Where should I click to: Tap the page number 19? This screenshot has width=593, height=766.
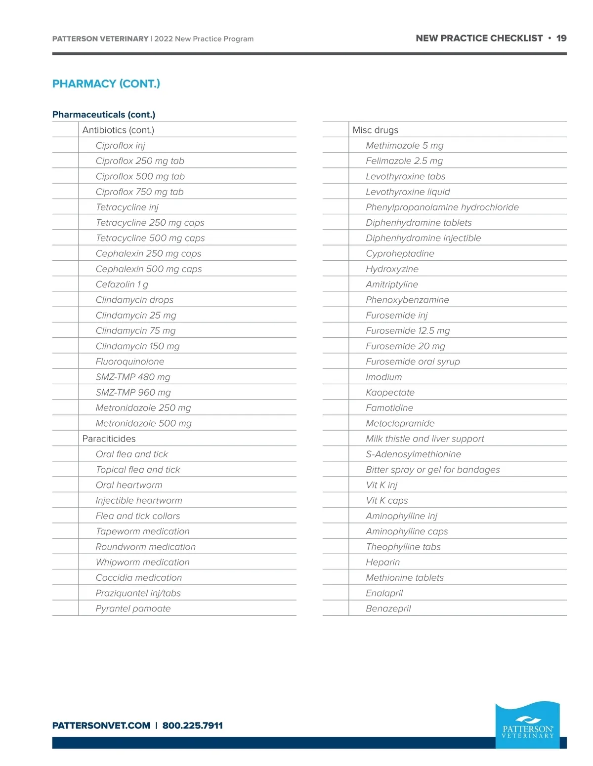[x=561, y=39]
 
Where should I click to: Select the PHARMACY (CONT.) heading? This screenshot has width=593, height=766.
[x=106, y=83]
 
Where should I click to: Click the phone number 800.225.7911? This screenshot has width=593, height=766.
[x=193, y=726]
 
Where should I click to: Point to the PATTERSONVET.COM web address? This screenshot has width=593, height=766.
[x=101, y=726]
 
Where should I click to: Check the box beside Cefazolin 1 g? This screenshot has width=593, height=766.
[x=65, y=284]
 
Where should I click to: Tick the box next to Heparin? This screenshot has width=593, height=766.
[x=336, y=562]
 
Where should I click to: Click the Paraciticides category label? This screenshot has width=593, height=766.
[x=109, y=439]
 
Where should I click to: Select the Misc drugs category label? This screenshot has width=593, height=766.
[x=375, y=130]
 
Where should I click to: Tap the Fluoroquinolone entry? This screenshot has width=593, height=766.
[x=130, y=362]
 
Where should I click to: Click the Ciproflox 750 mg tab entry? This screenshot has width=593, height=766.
[x=139, y=192]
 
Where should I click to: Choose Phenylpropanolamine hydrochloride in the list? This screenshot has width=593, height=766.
[x=442, y=207]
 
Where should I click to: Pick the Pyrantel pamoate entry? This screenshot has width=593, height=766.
[x=133, y=608]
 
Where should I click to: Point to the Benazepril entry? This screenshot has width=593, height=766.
[x=388, y=608]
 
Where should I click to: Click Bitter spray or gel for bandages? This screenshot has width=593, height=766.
[x=433, y=470]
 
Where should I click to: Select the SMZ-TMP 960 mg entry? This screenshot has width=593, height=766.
[x=133, y=393]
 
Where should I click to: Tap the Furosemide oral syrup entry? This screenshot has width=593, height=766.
[x=413, y=362]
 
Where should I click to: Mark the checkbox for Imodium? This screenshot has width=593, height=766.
[x=336, y=377]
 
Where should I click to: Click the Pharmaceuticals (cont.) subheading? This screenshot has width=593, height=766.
[x=104, y=115]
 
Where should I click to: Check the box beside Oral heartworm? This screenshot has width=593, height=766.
[x=65, y=485]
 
